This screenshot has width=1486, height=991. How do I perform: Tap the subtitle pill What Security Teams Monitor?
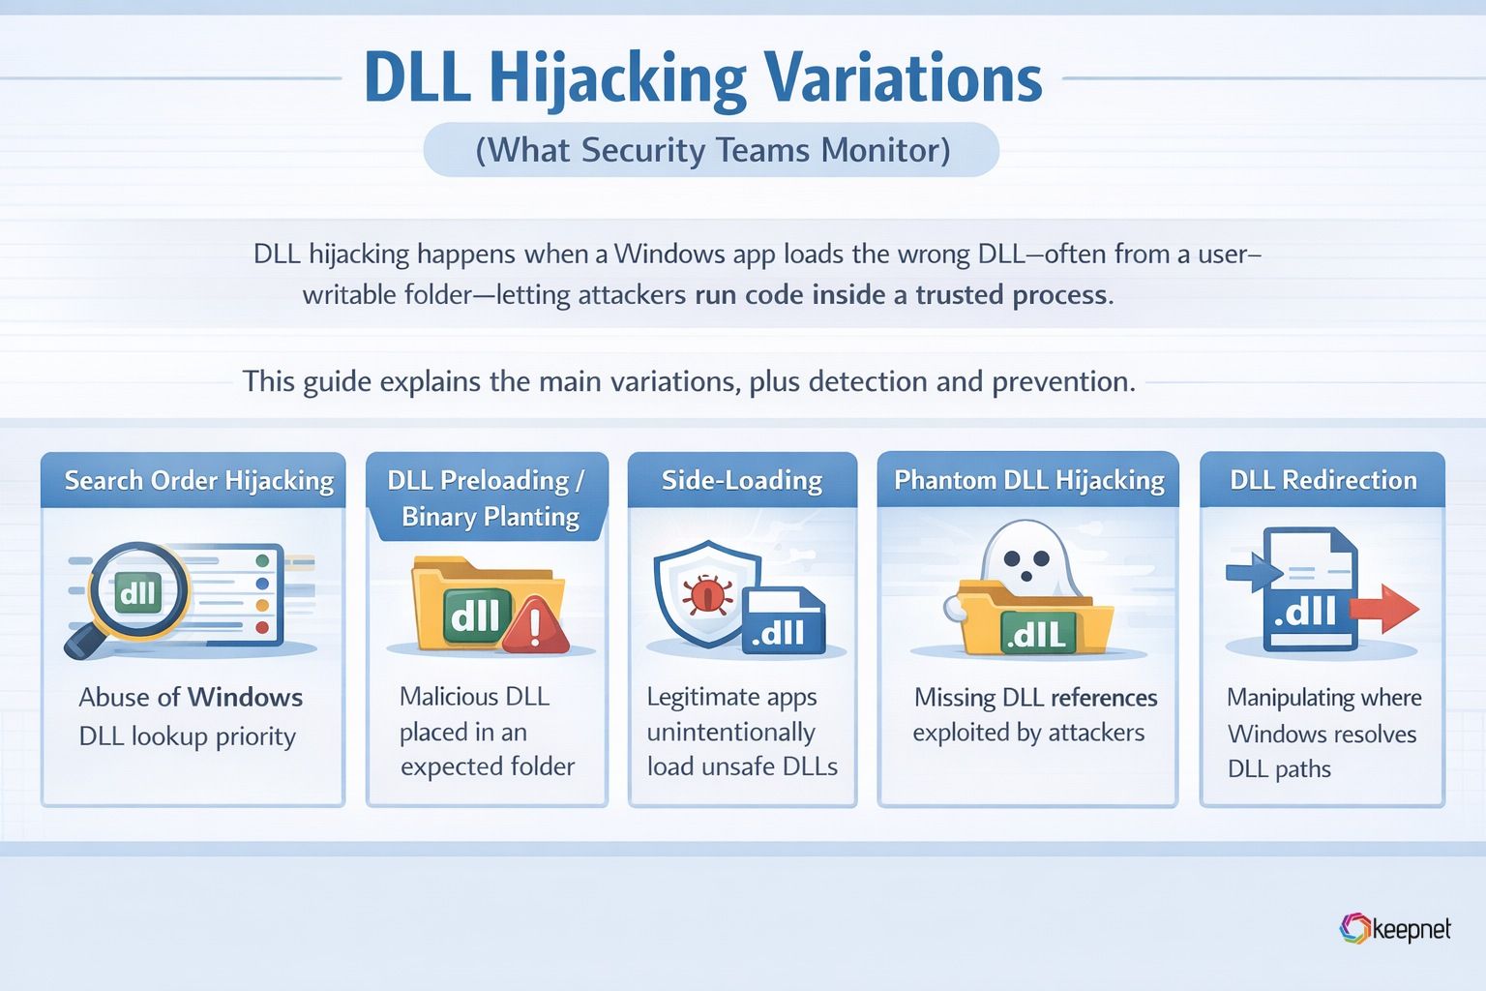point(711,150)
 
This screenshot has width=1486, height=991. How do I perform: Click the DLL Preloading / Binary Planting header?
point(488,497)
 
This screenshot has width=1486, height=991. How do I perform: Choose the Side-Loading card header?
point(742,481)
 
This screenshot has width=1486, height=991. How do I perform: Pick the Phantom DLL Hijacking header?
point(1027,481)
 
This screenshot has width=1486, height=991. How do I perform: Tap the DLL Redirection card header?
point(1323,481)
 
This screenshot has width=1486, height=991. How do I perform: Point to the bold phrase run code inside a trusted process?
point(900,295)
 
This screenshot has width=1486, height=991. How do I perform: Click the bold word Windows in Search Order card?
point(245,698)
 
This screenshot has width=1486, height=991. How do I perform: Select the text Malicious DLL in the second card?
point(474,697)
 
